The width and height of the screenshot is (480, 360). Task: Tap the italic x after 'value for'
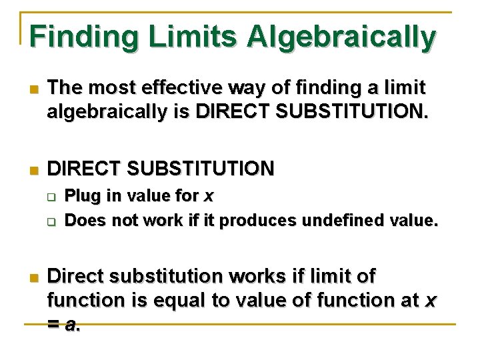click(209, 197)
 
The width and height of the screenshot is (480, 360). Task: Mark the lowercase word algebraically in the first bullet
click(110, 112)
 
